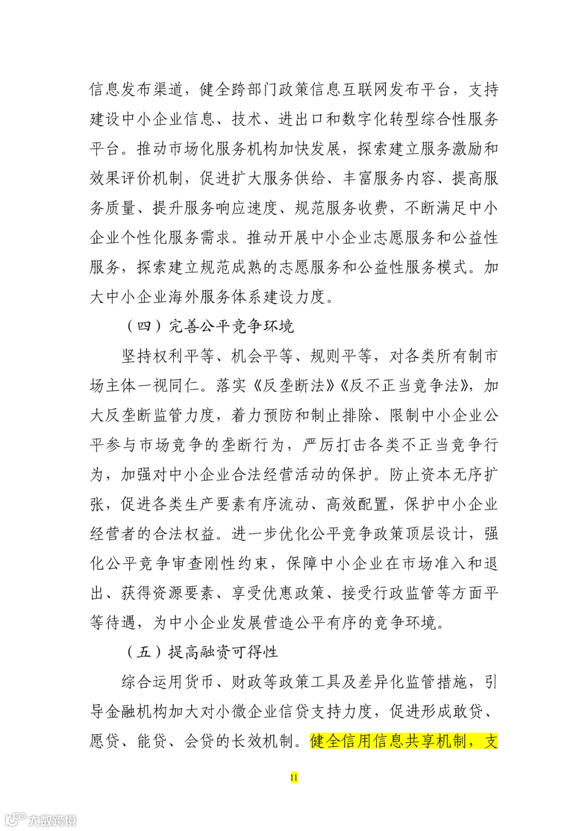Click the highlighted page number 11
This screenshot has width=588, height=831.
294,777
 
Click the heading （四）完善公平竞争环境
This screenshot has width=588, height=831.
210,326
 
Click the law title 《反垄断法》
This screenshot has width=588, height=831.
294,386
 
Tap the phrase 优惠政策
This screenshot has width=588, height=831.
295,593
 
